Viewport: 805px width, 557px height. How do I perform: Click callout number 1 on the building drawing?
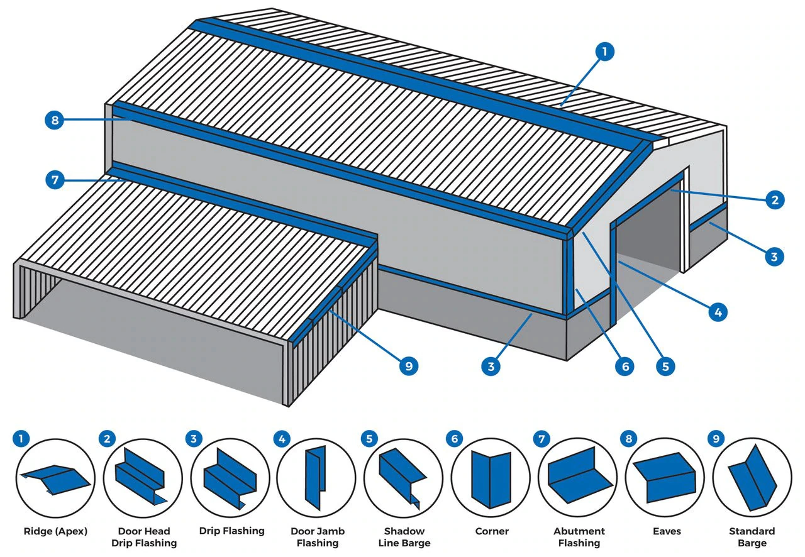click(x=604, y=52)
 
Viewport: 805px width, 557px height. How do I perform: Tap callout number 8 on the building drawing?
click(x=55, y=120)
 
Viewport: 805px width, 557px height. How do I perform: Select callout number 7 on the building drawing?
click(x=55, y=180)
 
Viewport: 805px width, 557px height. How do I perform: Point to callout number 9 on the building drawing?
click(x=409, y=366)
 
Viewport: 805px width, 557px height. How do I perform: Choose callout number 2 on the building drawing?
click(x=774, y=200)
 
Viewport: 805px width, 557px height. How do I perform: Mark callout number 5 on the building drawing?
click(x=665, y=366)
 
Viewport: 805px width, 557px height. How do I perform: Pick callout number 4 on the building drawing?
click(x=717, y=311)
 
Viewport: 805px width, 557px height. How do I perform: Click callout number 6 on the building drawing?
click(x=625, y=366)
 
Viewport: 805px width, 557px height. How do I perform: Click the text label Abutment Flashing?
click(x=579, y=537)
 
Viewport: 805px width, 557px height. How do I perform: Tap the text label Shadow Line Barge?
click(x=404, y=537)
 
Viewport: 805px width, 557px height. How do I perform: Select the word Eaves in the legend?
click(x=666, y=531)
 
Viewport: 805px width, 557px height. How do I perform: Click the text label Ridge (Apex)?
click(x=55, y=531)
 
